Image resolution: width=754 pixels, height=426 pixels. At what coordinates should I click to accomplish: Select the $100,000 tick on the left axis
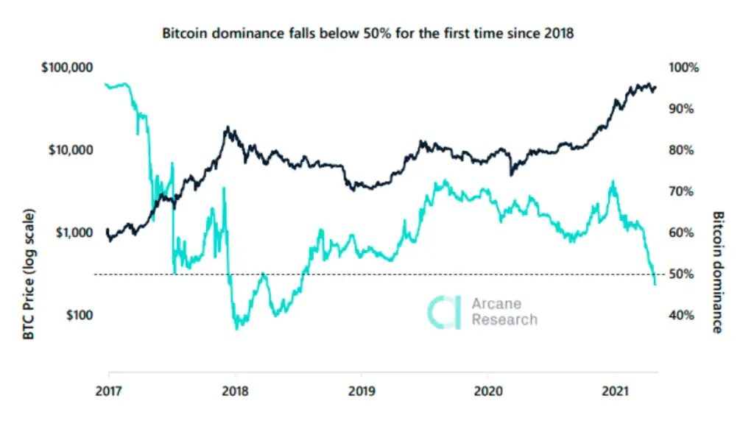(66, 68)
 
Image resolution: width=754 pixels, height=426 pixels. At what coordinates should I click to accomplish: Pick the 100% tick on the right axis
(683, 68)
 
